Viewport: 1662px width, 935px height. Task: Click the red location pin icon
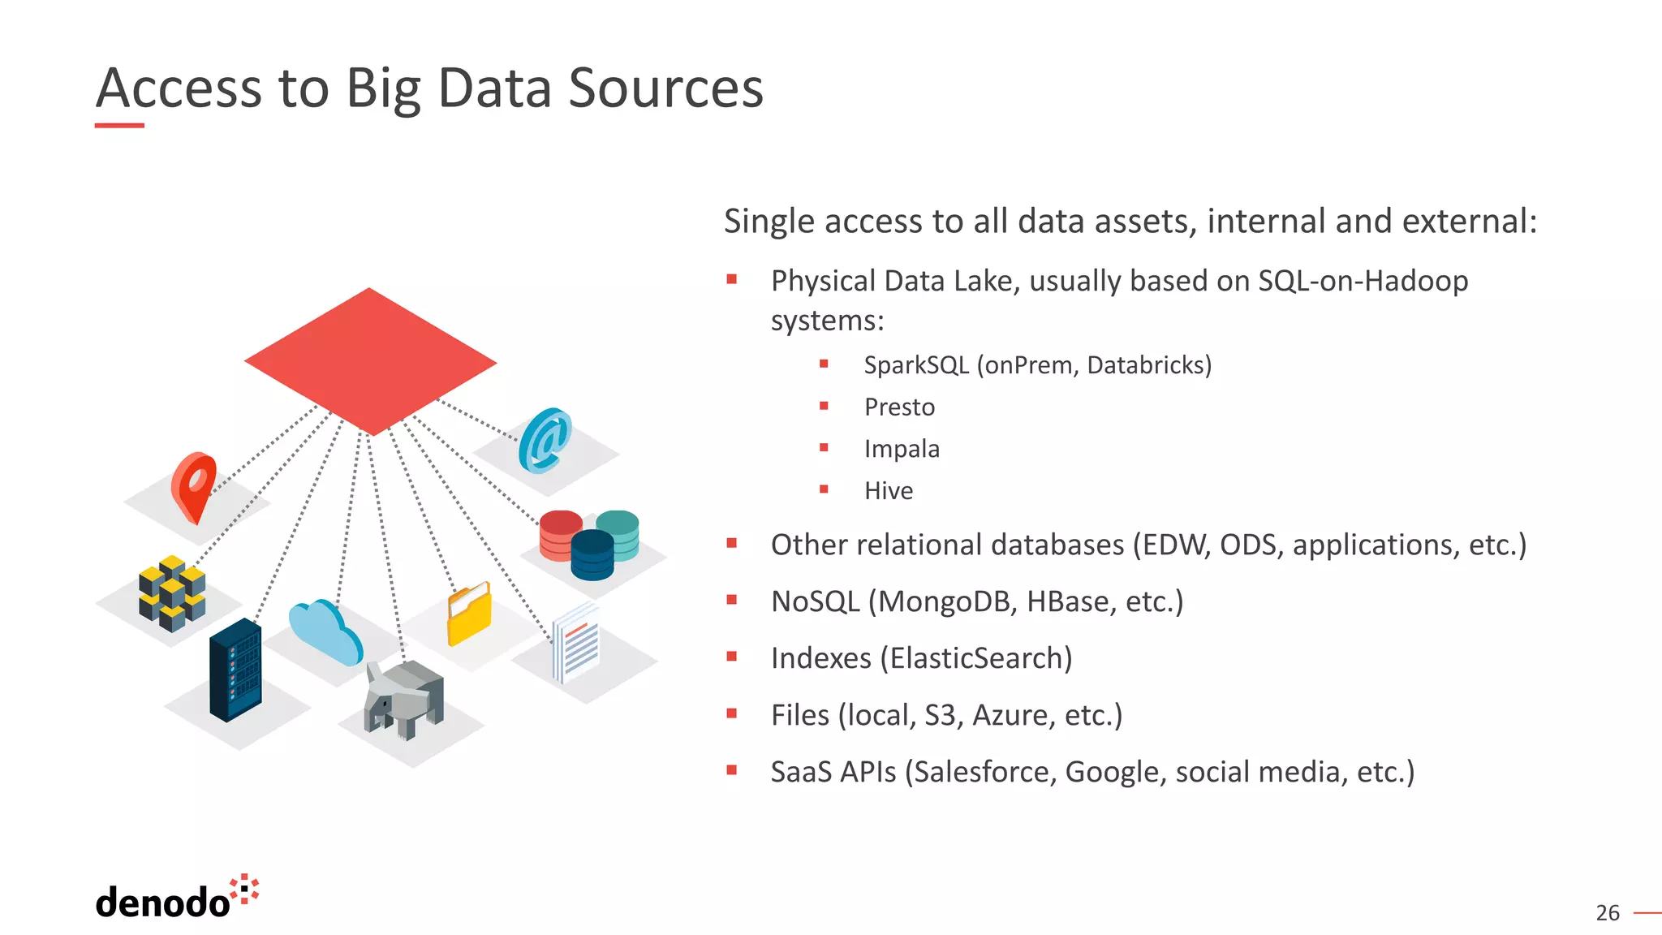[193, 485]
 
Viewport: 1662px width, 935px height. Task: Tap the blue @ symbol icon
[545, 441]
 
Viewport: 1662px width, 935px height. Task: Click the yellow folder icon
[469, 614]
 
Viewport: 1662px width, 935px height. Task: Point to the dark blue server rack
[235, 670]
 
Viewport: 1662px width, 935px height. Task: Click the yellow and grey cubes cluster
[172, 593]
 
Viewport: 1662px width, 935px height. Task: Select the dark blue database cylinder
[592, 555]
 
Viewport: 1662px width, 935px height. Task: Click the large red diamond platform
[370, 360]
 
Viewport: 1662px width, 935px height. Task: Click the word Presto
[899, 407]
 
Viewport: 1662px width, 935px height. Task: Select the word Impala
[902, 449]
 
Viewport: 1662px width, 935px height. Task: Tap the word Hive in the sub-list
[889, 491]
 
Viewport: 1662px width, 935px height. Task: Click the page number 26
[1607, 913]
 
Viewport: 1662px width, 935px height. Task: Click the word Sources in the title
[665, 88]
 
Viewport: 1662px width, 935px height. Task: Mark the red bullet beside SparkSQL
[824, 364]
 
